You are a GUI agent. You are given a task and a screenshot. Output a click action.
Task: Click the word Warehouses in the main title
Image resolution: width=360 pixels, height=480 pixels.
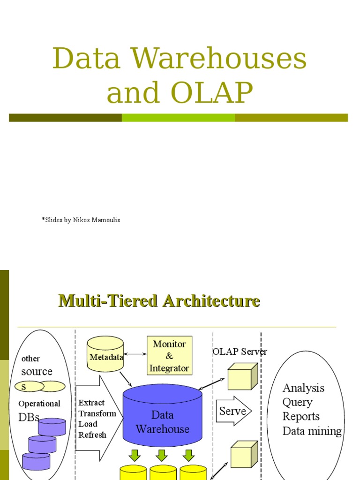pyautogui.click(x=219, y=60)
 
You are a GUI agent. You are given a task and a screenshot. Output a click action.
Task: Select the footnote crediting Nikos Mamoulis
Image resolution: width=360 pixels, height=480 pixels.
pyautogui.click(x=81, y=220)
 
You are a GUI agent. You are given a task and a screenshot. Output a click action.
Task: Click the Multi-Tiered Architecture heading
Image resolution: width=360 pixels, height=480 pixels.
pyautogui.click(x=159, y=300)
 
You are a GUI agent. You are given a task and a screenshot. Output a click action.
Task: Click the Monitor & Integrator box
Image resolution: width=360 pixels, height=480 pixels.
pyautogui.click(x=169, y=356)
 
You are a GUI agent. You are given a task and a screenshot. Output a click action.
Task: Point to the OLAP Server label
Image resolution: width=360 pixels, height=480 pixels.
pyautogui.click(x=240, y=352)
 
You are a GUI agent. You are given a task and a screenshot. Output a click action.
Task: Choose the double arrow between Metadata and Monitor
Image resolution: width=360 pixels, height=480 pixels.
pyautogui.click(x=135, y=354)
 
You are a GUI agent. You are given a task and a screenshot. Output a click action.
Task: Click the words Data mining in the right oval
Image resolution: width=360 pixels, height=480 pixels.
pyautogui.click(x=312, y=431)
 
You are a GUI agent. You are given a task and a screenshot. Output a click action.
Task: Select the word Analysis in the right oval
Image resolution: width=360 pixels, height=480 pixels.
pyautogui.click(x=303, y=388)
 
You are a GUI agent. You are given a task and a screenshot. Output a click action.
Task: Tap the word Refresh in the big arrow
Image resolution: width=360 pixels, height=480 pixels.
pyautogui.click(x=92, y=435)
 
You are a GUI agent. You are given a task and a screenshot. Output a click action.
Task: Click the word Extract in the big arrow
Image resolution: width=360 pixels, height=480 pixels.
pyautogui.click(x=91, y=403)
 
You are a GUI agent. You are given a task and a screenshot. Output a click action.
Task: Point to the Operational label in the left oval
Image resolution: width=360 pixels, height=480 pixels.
pyautogui.click(x=39, y=404)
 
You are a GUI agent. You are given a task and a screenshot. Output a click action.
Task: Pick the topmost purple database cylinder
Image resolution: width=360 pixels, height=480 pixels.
pyautogui.click(x=52, y=427)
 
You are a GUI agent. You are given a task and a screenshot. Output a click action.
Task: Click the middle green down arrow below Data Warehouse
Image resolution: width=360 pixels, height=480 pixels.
pyautogui.click(x=162, y=455)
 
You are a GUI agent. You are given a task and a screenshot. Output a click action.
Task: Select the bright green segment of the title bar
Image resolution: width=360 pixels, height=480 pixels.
pyautogui.click(x=178, y=118)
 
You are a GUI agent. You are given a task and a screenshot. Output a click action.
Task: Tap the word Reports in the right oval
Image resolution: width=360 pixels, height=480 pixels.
pyautogui.click(x=301, y=417)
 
